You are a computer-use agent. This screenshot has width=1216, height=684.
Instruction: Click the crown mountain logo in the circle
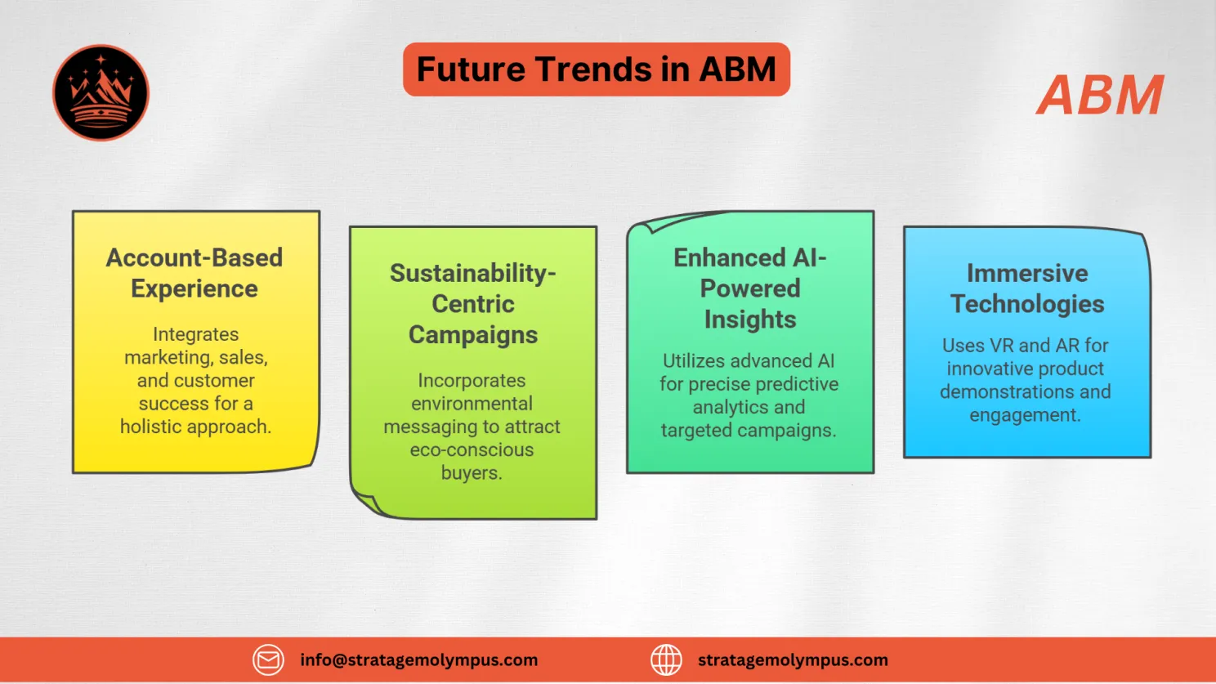[101, 92]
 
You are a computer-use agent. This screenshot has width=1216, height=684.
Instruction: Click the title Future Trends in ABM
[596, 69]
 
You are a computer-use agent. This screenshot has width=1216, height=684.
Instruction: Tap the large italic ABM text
[1100, 96]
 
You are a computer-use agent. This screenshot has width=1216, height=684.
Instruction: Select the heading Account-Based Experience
[194, 273]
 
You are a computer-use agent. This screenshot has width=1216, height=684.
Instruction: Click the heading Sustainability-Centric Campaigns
[473, 303]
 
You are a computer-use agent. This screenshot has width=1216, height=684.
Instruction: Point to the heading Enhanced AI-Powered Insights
[749, 288]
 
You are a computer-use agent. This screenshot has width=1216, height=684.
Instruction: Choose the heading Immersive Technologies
[1026, 288]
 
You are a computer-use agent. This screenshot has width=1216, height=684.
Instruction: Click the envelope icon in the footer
[268, 659]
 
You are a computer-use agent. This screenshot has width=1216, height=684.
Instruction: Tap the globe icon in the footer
[666, 659]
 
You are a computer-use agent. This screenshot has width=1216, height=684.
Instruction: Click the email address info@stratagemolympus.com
[418, 659]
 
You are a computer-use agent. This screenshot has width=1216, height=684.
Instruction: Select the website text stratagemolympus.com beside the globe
[792, 659]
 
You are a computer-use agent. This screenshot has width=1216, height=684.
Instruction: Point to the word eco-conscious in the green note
[472, 449]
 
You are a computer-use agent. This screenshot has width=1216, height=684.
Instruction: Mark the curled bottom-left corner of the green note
[365, 499]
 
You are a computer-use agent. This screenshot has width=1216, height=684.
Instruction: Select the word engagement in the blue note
[1024, 415]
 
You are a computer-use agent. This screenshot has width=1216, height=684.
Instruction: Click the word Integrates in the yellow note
[195, 334]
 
